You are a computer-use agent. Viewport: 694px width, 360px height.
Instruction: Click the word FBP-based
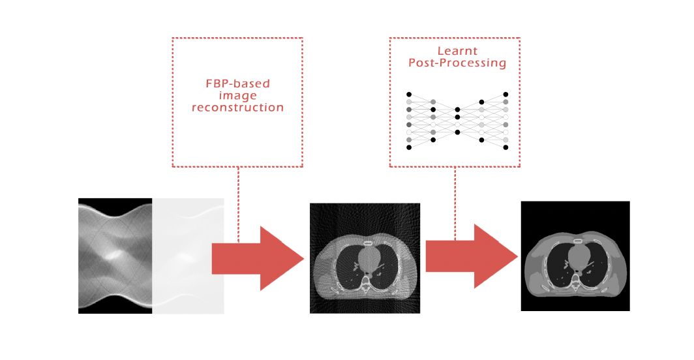237,83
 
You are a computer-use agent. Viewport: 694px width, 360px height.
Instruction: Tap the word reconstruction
237,107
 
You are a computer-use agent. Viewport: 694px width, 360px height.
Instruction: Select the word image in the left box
237,96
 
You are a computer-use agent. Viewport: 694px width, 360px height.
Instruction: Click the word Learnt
457,51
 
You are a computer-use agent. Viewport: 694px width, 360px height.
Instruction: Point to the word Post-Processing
457,63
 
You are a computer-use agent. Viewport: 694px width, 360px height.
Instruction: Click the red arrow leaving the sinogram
258,259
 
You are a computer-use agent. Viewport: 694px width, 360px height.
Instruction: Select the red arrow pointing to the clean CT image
472,256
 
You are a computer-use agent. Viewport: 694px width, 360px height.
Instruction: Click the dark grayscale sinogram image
115,256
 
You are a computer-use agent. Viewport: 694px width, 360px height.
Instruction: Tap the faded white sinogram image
188,256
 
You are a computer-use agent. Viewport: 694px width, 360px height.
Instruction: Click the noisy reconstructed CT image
365,258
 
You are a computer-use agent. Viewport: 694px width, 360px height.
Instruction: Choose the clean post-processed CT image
575,256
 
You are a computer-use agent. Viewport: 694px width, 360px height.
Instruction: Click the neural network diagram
457,121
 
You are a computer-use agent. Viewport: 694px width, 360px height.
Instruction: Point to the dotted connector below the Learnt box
455,203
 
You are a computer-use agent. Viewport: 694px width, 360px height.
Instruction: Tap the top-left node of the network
409,95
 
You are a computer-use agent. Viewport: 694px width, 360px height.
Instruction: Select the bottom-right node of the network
506,147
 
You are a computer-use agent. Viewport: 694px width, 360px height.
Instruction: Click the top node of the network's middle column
458,110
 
